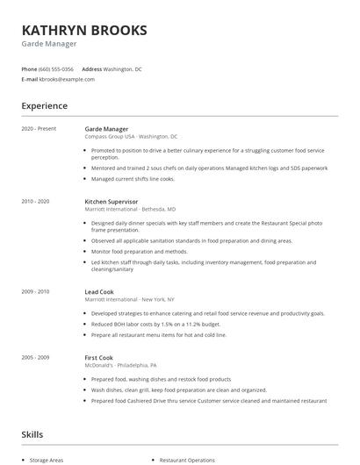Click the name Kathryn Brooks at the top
coord(84,30)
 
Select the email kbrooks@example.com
coord(67,79)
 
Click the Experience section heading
coord(44,106)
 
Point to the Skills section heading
coord(32,433)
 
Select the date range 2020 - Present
coord(39,129)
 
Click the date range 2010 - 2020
coord(35,202)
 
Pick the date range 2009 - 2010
coord(35,291)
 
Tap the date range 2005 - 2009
coord(35,356)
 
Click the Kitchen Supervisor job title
coord(112,202)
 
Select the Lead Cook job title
coord(100,291)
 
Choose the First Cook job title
coord(100,356)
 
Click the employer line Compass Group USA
coord(131,137)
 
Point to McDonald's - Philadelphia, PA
coord(121,365)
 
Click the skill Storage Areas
coord(47,459)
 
